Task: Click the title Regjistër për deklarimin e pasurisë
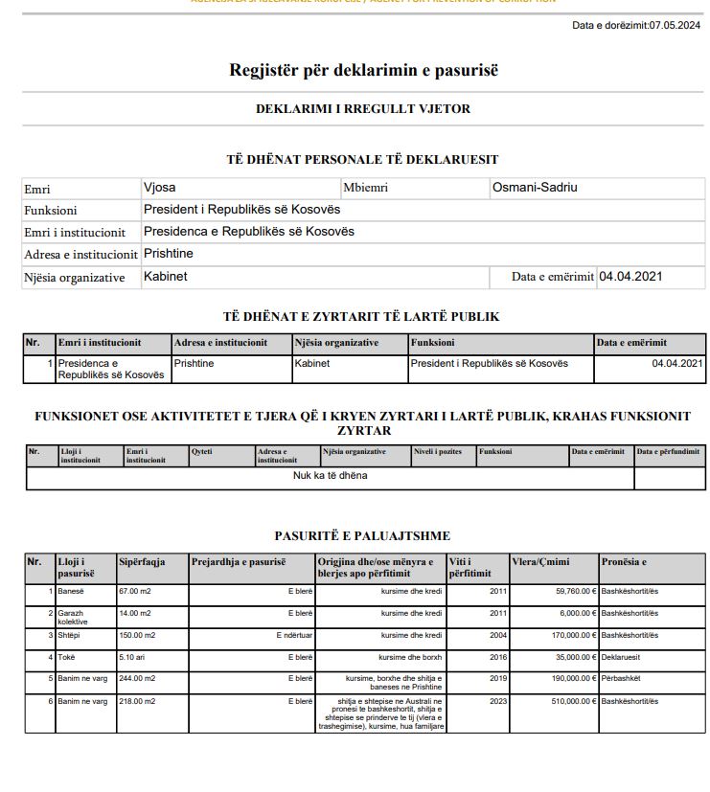[363, 70]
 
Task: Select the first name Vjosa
[159, 188]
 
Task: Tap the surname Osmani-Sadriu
[535, 188]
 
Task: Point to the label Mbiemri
[365, 189]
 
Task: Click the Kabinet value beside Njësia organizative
[165, 277]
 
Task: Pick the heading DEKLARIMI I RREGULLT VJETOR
[363, 109]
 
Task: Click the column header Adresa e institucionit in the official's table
[220, 343]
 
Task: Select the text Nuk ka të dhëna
[330, 475]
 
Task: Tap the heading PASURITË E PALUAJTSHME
[362, 536]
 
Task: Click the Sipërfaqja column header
[141, 562]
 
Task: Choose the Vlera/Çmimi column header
[541, 562]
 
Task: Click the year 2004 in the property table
[498, 635]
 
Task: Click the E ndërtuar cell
[294, 635]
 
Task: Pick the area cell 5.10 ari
[133, 657]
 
